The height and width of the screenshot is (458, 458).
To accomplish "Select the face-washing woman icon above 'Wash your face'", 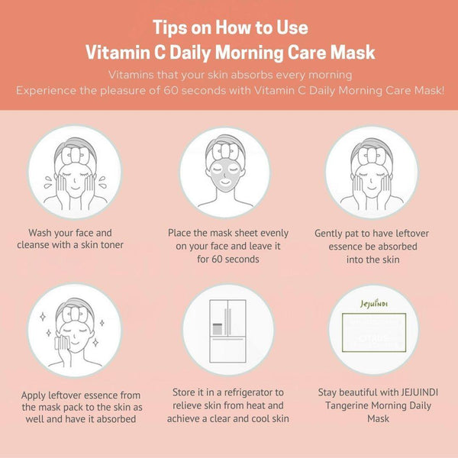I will (x=75, y=173).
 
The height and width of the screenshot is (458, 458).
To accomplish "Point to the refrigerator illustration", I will (x=227, y=329).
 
